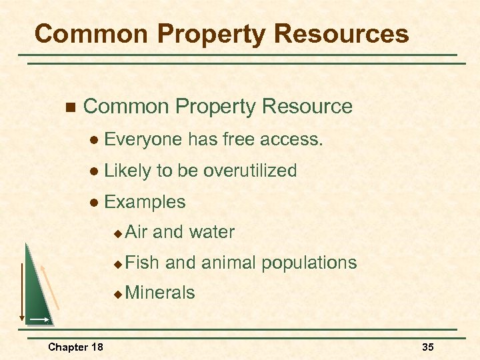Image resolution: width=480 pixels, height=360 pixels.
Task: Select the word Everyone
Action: (143, 139)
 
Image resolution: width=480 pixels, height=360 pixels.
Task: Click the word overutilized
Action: (250, 171)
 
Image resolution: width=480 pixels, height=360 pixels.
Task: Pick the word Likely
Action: (128, 171)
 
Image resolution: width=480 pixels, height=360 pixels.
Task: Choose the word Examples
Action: (145, 202)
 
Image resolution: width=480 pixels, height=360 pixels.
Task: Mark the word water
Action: (212, 232)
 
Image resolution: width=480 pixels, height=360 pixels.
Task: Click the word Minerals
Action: (160, 293)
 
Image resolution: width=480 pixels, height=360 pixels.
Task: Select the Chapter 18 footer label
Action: (75, 347)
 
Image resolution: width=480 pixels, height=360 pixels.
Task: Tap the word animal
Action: (228, 263)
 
